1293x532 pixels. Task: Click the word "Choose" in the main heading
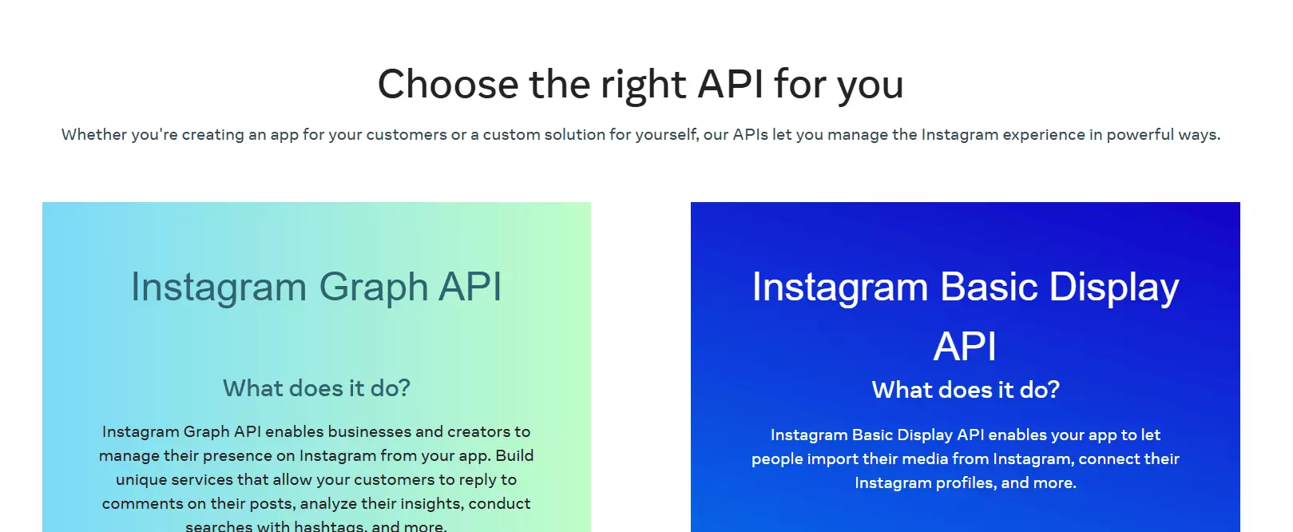click(x=447, y=84)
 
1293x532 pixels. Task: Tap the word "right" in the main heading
click(x=643, y=84)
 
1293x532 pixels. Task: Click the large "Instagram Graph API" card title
click(x=316, y=287)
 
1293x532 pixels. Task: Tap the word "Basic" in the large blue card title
click(x=989, y=287)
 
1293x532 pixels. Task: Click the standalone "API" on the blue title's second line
click(x=965, y=347)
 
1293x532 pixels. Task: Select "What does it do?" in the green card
click(x=316, y=388)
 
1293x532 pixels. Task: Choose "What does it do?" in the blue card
click(x=966, y=390)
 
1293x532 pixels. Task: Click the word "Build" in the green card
click(x=514, y=455)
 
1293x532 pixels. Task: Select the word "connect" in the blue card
click(x=1109, y=459)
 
